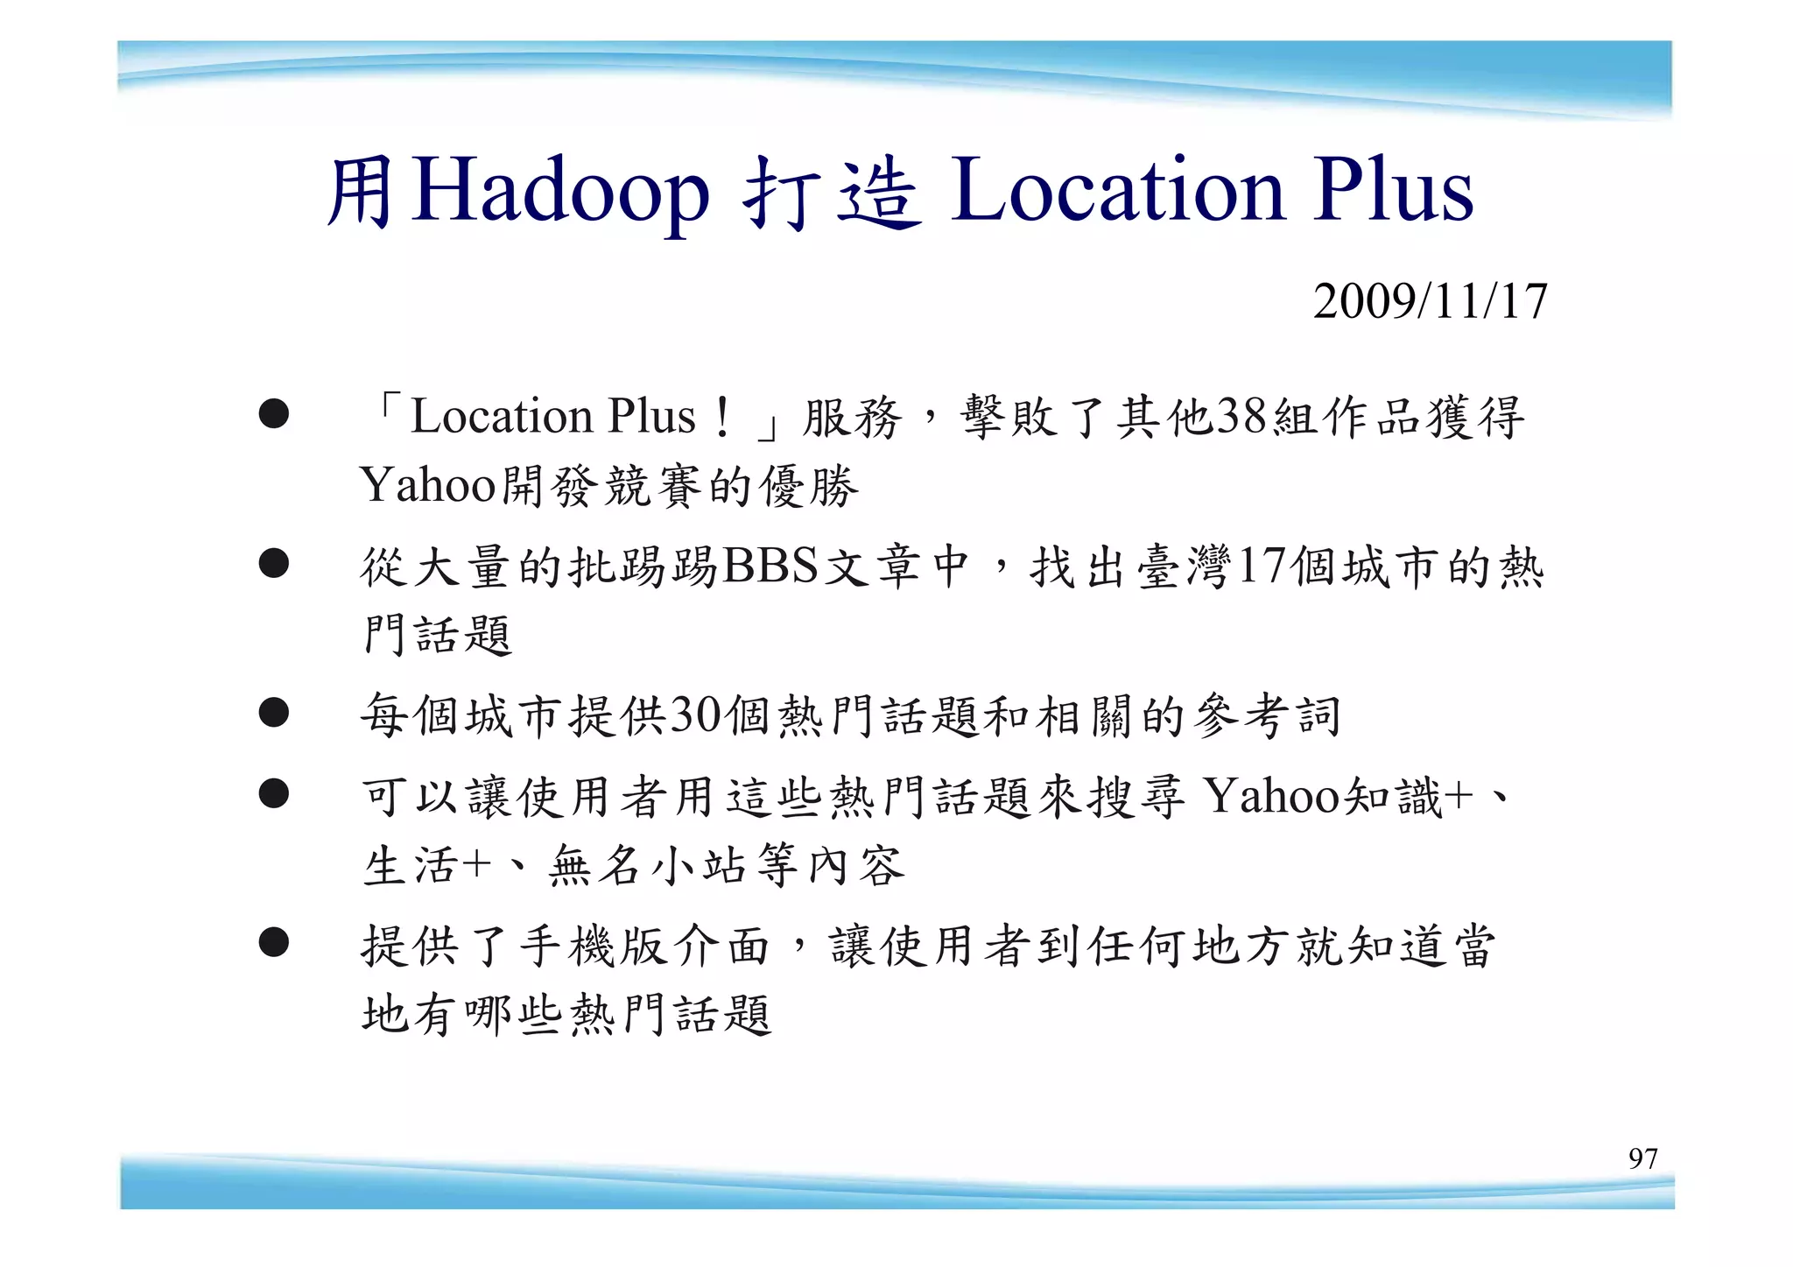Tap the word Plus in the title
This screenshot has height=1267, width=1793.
pos(1393,190)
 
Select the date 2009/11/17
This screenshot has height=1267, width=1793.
pos(1430,301)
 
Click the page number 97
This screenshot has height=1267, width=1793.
pos(1642,1158)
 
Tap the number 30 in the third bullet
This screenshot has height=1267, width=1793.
pos(697,714)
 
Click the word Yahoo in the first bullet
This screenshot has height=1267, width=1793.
pos(428,484)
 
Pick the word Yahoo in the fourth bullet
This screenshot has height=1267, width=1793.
pos(1273,796)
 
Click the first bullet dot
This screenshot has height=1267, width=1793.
pos(274,413)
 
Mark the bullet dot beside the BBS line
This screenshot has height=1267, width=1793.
pos(274,563)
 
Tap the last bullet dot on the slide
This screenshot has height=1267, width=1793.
pos(274,942)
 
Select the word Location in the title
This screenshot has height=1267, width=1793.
pos(1118,190)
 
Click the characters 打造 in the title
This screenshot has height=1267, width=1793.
pos(832,193)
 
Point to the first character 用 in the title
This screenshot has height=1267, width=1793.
pos(360,193)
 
